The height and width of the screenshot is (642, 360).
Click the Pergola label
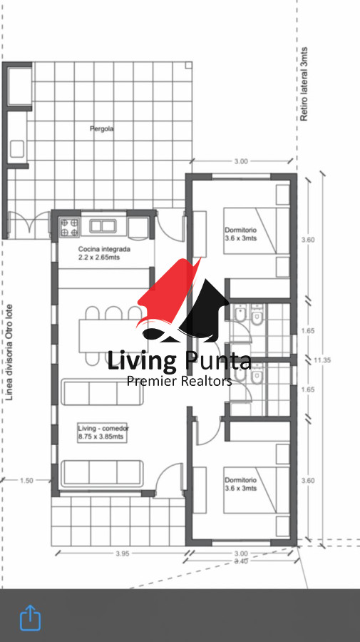tap(102, 128)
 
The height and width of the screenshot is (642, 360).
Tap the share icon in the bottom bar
tap(30, 618)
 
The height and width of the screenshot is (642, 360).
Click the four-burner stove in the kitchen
tap(69, 228)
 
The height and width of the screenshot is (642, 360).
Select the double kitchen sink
tap(103, 226)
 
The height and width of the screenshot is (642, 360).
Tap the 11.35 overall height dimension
tap(322, 360)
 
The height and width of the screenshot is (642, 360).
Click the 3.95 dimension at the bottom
tap(123, 554)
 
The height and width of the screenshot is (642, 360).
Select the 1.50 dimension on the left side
tap(26, 480)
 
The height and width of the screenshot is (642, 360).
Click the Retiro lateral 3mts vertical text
tap(304, 84)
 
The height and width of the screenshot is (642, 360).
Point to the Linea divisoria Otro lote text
tap(10, 352)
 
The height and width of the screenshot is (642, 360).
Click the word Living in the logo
tap(142, 361)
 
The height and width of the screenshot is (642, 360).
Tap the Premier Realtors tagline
tap(179, 381)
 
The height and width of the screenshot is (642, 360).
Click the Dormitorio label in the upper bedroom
tap(240, 230)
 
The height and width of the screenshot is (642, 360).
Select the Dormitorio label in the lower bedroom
tap(240, 480)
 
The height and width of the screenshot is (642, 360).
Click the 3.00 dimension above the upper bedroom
tap(241, 161)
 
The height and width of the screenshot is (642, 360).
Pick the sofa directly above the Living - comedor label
tap(102, 392)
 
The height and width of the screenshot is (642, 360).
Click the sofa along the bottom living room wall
tap(102, 474)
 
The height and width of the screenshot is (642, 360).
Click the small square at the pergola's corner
tap(188, 65)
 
